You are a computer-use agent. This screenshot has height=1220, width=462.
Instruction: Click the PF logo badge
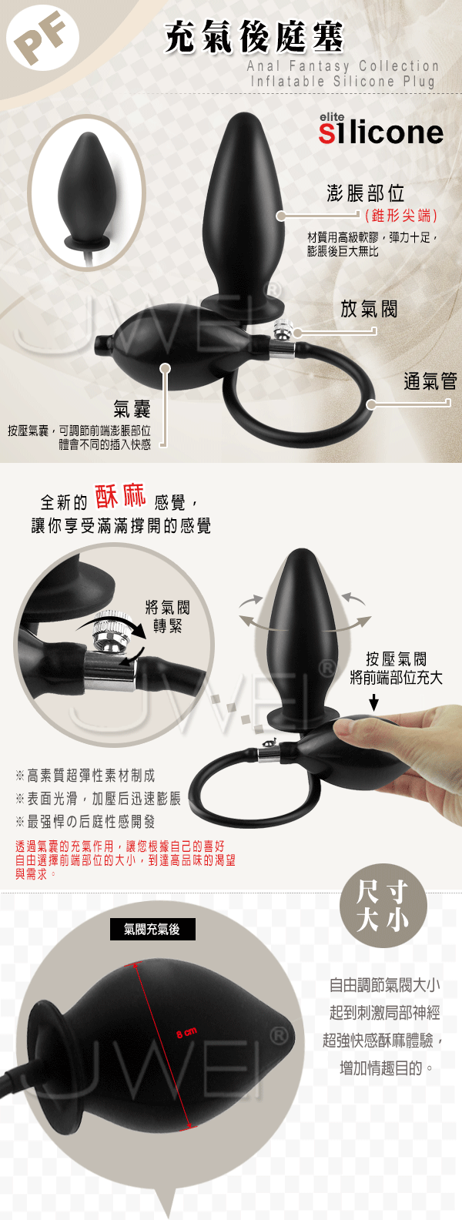(42, 40)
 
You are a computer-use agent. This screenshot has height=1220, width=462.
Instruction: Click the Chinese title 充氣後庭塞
(254, 38)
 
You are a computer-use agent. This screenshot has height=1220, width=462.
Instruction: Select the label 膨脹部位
(366, 193)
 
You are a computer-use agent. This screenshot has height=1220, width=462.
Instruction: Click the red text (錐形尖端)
(401, 216)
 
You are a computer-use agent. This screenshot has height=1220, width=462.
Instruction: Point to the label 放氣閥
(369, 309)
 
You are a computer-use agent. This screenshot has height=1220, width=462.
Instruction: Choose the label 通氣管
(430, 381)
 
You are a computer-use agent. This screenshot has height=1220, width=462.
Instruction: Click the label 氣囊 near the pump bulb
(132, 408)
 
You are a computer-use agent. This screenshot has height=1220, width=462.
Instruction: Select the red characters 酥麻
(120, 496)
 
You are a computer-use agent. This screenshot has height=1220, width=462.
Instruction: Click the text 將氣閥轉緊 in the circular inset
(167, 616)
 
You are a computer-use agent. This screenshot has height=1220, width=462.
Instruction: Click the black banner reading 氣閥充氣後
(152, 929)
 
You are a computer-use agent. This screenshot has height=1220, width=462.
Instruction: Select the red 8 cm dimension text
(186, 1032)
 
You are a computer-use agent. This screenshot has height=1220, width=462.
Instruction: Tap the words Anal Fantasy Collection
(343, 66)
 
